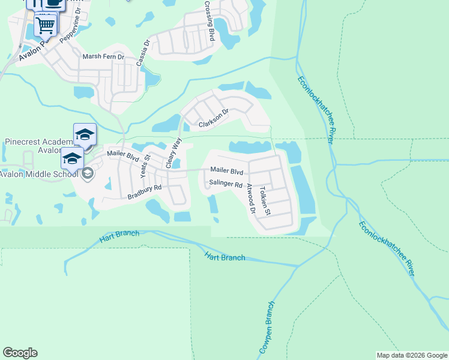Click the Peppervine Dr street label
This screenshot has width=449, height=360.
tap(71, 38)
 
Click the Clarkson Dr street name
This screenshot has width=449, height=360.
tap(214, 118)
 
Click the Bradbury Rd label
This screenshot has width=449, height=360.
tap(145, 192)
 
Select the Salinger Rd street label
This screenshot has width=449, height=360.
tap(225, 184)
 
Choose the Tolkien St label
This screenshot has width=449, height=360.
tap(265, 200)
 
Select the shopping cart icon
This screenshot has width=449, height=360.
tap(45, 26)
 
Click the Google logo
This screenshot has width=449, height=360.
tap(20, 353)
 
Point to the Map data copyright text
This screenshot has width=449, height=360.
tap(411, 355)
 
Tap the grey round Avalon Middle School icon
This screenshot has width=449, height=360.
tap(87, 174)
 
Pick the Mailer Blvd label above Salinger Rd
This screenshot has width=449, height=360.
tap(226, 170)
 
